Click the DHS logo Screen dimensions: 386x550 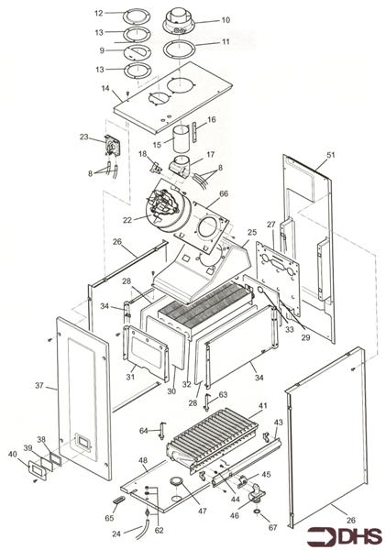[344, 536]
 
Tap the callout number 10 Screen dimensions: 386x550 [226, 20]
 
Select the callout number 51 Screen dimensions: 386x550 [331, 155]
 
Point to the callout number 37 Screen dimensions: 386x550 [39, 386]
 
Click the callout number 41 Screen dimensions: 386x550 [262, 405]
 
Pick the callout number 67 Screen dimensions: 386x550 [272, 527]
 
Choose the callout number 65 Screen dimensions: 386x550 [109, 518]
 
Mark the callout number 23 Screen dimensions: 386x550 [83, 137]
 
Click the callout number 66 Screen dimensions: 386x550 [224, 193]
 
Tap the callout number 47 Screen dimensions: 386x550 [202, 511]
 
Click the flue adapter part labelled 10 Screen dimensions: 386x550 [180, 22]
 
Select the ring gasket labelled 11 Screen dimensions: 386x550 [180, 49]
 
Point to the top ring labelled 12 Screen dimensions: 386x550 [137, 16]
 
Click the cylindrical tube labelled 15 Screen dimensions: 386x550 [182, 139]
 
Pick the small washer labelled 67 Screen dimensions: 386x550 [258, 512]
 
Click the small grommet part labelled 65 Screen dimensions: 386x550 [118, 500]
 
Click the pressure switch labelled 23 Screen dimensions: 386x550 [112, 146]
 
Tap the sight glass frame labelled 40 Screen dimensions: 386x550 [37, 470]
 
